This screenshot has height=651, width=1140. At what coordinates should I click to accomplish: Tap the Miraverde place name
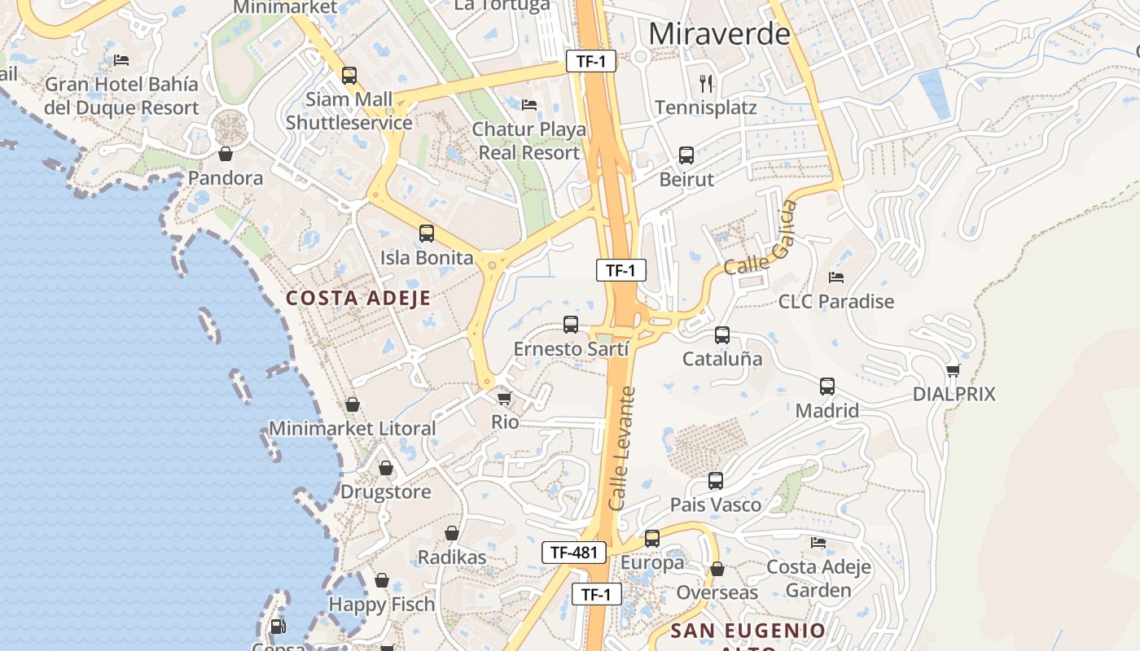pyautogui.click(x=720, y=34)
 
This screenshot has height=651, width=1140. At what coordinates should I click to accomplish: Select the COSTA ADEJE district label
pyautogui.click(x=358, y=298)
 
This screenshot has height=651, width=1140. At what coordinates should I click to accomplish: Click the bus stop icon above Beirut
pyautogui.click(x=686, y=155)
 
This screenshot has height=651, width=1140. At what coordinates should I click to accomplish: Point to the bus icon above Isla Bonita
pyautogui.click(x=427, y=234)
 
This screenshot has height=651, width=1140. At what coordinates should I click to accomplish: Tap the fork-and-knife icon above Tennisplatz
pyautogui.click(x=706, y=82)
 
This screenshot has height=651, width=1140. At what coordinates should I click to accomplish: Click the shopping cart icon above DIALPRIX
pyautogui.click(x=954, y=370)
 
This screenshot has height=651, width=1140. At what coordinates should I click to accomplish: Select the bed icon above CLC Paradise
pyautogui.click(x=836, y=277)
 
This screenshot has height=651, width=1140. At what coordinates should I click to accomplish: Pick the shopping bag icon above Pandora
pyautogui.click(x=226, y=153)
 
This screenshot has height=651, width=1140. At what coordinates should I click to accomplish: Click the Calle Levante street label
pyautogui.click(x=622, y=449)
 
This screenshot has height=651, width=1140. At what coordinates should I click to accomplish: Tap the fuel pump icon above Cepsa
pyautogui.click(x=278, y=627)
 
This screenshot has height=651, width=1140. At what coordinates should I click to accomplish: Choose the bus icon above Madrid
pyautogui.click(x=827, y=387)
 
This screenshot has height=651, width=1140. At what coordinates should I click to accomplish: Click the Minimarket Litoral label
pyautogui.click(x=353, y=428)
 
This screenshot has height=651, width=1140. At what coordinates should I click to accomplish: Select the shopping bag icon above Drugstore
pyautogui.click(x=386, y=468)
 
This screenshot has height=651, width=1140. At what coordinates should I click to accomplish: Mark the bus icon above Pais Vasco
pyautogui.click(x=716, y=481)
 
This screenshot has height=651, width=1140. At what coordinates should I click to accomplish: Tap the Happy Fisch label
pyautogui.click(x=382, y=605)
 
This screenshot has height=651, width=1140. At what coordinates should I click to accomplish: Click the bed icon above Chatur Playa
pyautogui.click(x=529, y=105)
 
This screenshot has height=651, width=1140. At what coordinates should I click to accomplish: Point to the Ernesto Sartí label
pyautogui.click(x=571, y=349)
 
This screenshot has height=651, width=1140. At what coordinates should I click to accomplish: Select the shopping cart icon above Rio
pyautogui.click(x=505, y=398)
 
